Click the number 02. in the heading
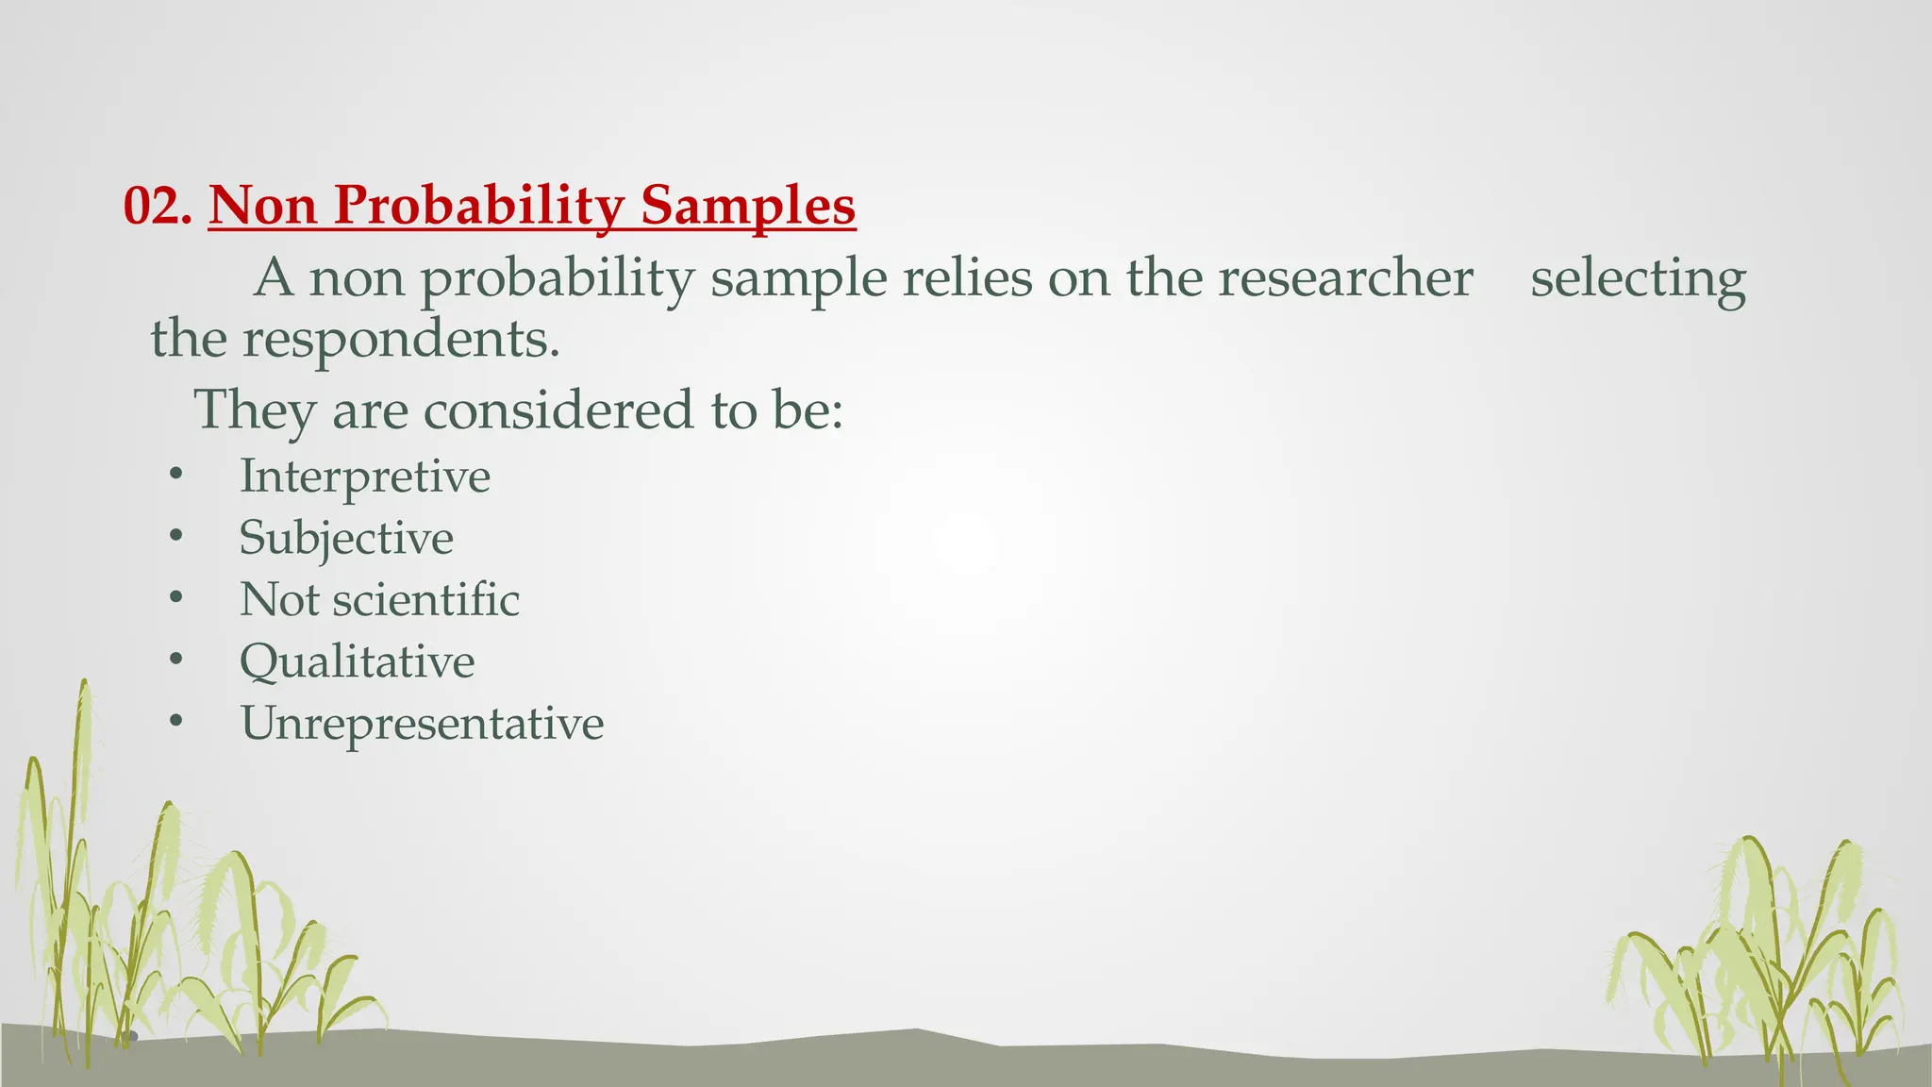pyautogui.click(x=158, y=206)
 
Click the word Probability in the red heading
pyautogui.click(x=478, y=206)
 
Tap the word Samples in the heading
pyautogui.click(x=747, y=206)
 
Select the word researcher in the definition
pyautogui.click(x=1345, y=278)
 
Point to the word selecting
pyautogui.click(x=1638, y=278)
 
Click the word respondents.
pyautogui.click(x=401, y=340)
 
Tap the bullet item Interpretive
pyautogui.click(x=364, y=476)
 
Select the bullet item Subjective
pyautogui.click(x=346, y=538)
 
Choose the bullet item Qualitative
pyautogui.click(x=357, y=661)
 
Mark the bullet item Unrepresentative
pyautogui.click(x=422, y=724)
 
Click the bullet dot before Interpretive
pyautogui.click(x=175, y=476)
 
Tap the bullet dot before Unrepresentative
pyautogui.click(x=175, y=723)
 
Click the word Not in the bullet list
pyautogui.click(x=279, y=599)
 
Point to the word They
pyautogui.click(x=255, y=410)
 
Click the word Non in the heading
pyautogui.click(x=263, y=206)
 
